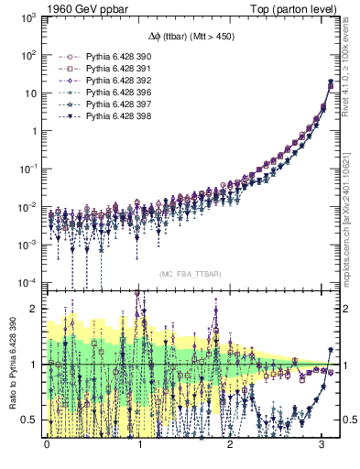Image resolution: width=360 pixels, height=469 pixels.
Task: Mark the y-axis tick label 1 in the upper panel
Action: pos(36,130)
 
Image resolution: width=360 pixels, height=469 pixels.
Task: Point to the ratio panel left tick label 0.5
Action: pos(32,420)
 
